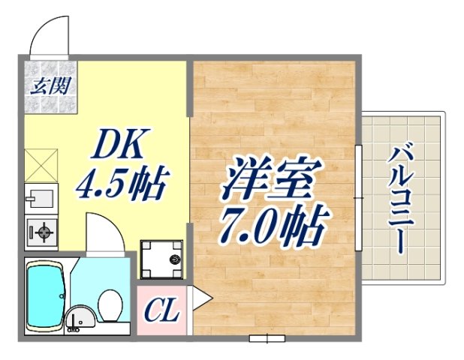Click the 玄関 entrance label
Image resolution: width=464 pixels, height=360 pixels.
(x=50, y=85)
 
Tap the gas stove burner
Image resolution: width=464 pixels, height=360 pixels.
(x=42, y=234)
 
